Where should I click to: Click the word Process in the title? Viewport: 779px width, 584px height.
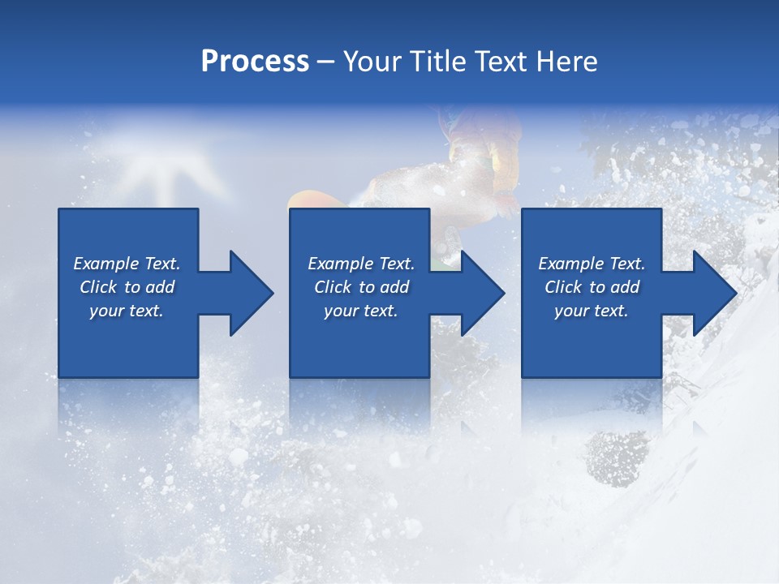coord(255,62)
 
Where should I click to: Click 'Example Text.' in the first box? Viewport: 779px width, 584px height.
coord(127,264)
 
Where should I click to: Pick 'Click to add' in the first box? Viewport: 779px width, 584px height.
coord(127,287)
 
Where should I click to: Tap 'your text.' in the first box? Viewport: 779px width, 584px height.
coord(127,311)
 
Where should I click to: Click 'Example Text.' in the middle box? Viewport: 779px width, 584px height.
coord(361,264)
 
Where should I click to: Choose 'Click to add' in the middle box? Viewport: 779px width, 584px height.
coord(361,287)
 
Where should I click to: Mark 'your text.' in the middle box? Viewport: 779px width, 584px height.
coord(361,311)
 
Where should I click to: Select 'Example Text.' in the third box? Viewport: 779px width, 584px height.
coord(592,264)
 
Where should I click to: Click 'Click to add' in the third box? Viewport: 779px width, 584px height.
coord(592,287)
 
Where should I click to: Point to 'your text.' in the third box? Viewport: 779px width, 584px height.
coord(592,311)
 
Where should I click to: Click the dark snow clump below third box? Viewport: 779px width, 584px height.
coord(617,455)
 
